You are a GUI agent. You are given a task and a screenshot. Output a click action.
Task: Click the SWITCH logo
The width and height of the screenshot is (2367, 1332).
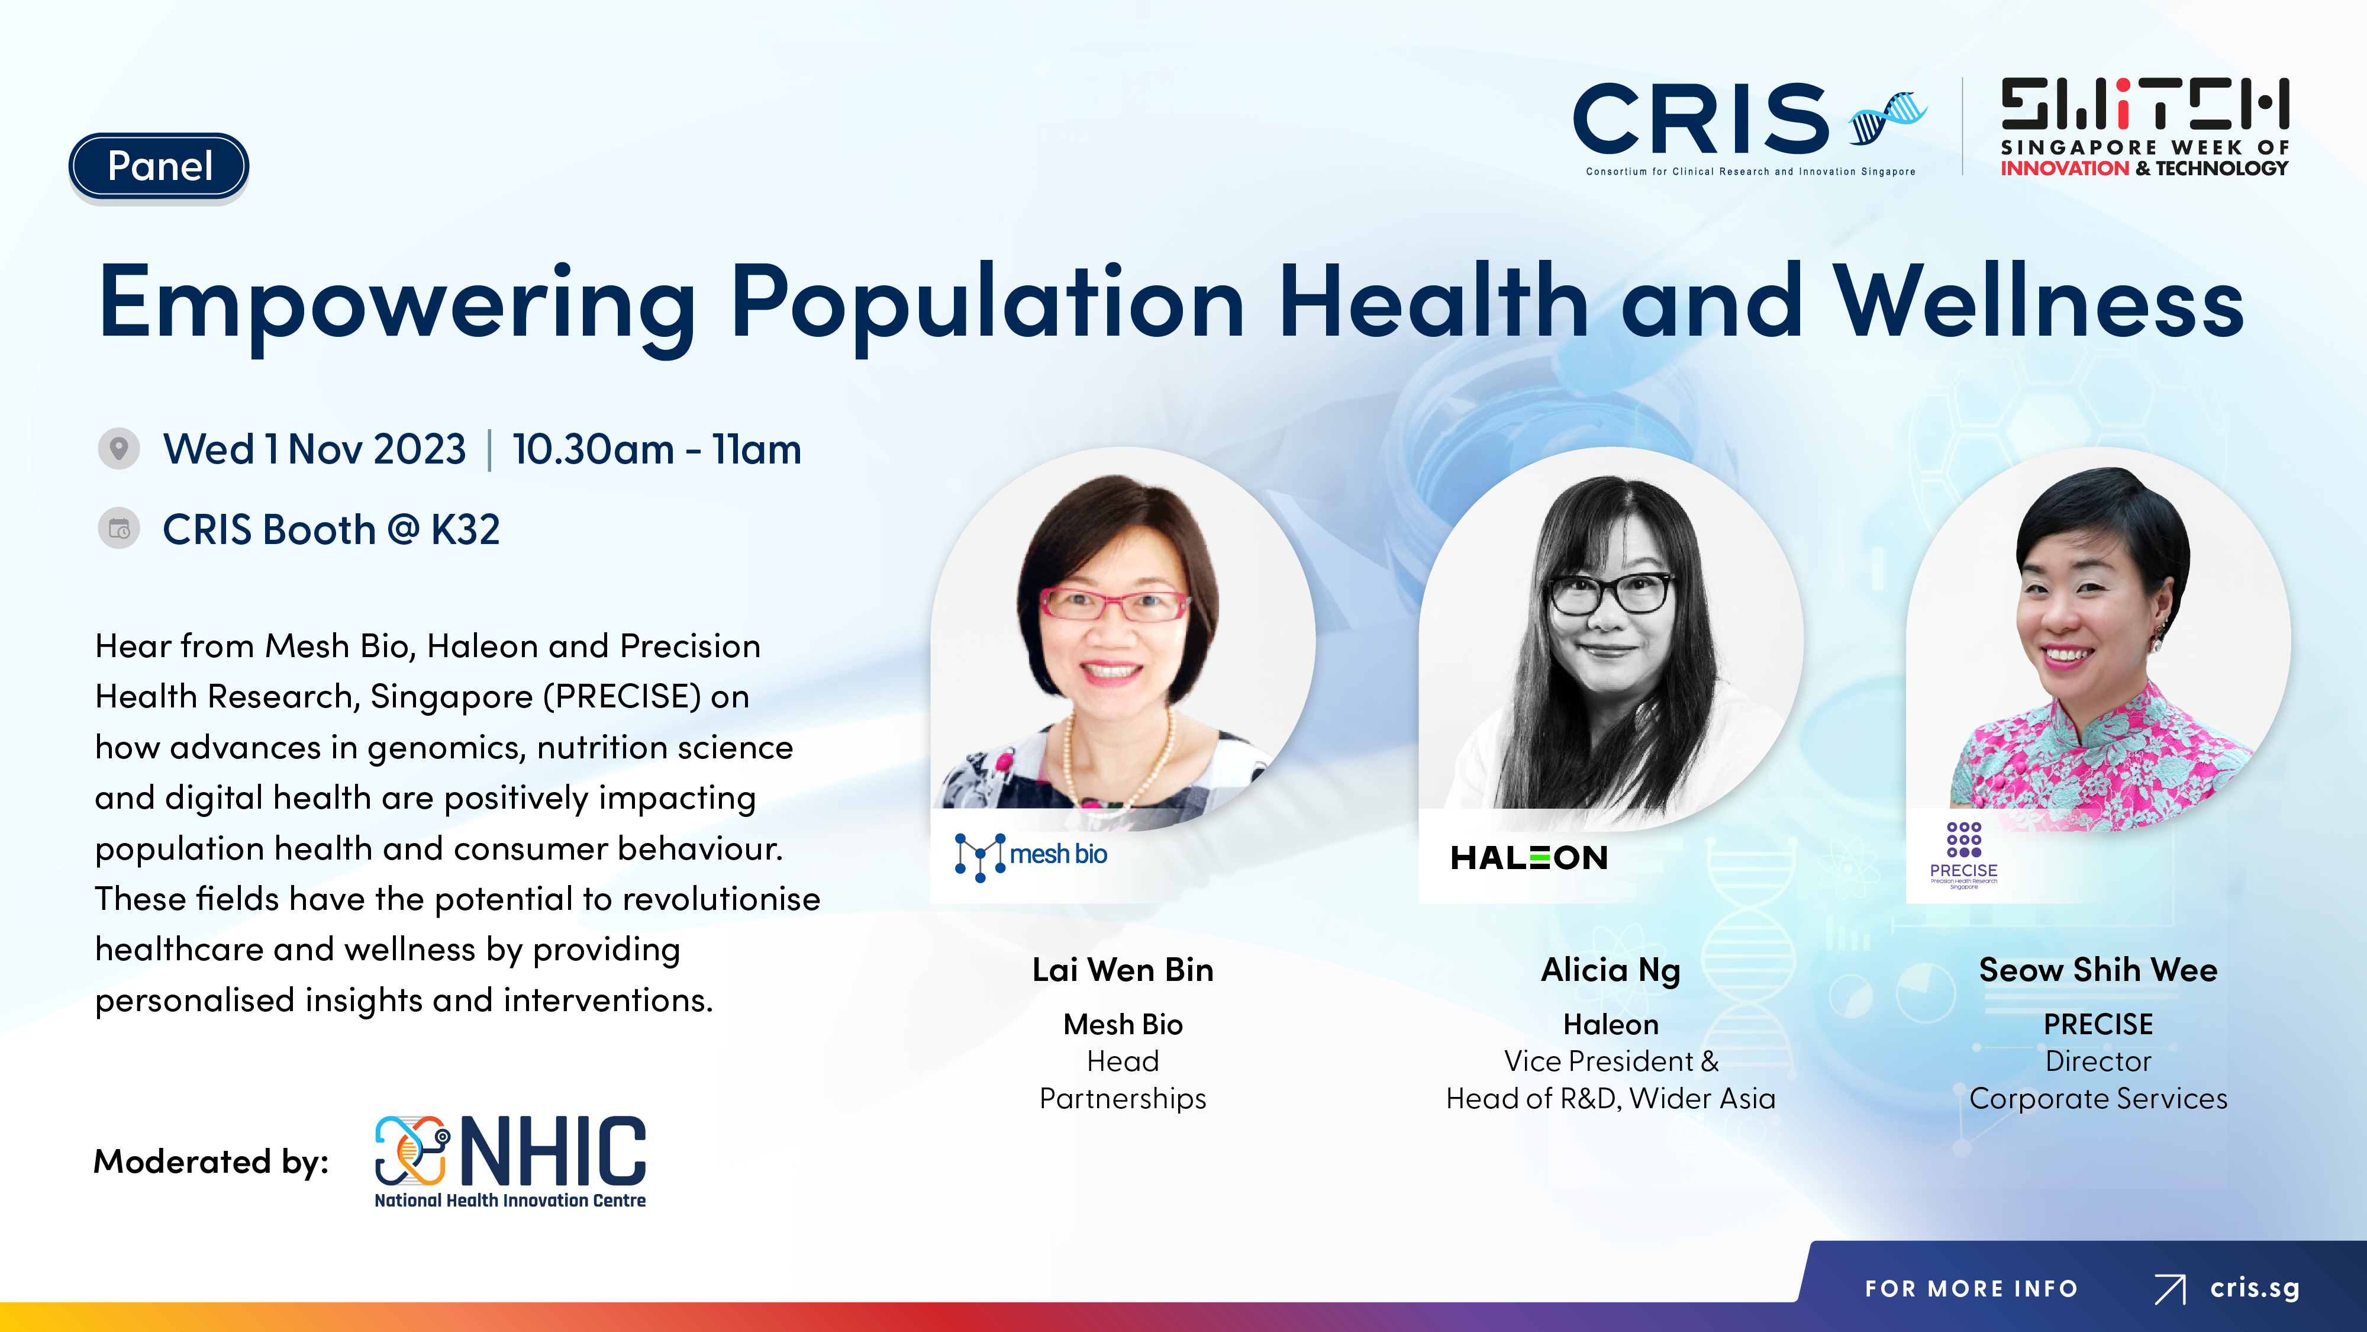click(2145, 127)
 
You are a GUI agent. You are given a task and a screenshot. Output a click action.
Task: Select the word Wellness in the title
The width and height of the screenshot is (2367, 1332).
click(2039, 303)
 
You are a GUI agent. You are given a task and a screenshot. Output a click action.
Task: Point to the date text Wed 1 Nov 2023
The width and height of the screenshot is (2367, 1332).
click(314, 449)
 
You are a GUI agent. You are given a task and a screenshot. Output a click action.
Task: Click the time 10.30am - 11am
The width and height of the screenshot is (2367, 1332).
click(657, 449)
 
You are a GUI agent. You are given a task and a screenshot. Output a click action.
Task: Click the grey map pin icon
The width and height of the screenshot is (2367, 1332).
click(118, 449)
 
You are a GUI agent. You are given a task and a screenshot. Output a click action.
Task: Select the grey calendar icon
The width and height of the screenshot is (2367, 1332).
click(118, 529)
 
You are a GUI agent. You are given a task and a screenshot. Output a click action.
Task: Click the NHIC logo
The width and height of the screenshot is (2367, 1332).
click(510, 1161)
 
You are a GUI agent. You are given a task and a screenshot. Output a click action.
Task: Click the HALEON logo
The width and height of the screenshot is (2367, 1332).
click(1529, 858)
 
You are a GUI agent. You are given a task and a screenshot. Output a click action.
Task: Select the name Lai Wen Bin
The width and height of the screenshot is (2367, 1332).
click(1123, 970)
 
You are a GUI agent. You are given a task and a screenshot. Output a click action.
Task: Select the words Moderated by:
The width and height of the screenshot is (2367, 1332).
click(211, 1162)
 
